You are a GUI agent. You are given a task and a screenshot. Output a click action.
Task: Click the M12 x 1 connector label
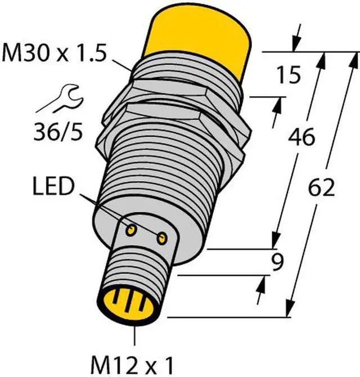135,361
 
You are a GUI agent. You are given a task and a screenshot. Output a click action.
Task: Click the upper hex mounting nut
169,90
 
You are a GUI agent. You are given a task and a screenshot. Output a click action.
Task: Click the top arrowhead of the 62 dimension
354,58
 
